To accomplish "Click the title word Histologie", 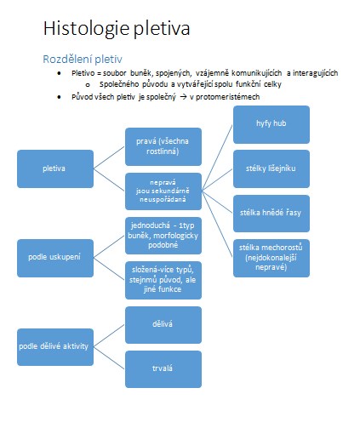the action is click(86, 29).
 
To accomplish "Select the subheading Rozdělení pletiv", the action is click(83, 60).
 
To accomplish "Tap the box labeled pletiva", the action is click(55, 168).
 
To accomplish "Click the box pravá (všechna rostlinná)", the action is click(163, 146).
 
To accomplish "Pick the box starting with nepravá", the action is click(163, 191).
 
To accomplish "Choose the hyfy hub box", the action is click(271, 124).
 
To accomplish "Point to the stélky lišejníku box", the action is click(271, 168).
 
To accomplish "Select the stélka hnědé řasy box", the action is click(271, 214).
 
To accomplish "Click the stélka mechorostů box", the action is click(271, 258).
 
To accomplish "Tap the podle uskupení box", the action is click(55, 258).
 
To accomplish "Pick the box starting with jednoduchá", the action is click(163, 236).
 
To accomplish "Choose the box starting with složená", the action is click(163, 280).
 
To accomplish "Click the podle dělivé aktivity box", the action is click(55, 347).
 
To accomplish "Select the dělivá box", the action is click(163, 325).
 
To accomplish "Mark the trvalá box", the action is click(163, 369).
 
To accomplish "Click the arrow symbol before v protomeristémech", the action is click(183, 97).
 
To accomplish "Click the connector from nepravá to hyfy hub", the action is click(217, 157).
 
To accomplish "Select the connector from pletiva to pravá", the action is click(109, 157).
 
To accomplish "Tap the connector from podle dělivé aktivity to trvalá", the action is click(109, 358).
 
